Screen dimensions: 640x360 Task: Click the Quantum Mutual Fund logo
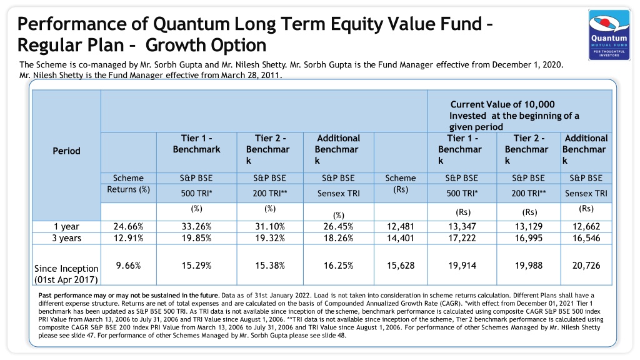[x=609, y=35]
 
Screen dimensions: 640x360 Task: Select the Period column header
[x=66, y=151]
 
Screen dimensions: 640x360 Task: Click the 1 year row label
[x=66, y=226]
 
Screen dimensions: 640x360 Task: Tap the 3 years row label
[x=66, y=238]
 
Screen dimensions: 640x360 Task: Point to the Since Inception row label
[x=66, y=274]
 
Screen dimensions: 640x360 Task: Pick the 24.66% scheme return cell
[x=129, y=226]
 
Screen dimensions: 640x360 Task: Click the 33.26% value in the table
[x=196, y=226]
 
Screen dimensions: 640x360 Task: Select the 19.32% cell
[x=270, y=238]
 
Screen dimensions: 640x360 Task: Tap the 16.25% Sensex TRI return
[x=338, y=265]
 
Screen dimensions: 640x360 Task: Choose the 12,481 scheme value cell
[x=401, y=226]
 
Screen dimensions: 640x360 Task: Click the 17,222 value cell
[x=462, y=238]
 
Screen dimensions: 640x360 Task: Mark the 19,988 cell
[x=529, y=265]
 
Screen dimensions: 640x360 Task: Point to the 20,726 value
[x=586, y=265]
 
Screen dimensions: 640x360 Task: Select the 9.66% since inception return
[x=128, y=265]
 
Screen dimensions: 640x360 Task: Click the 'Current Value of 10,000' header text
[x=502, y=104]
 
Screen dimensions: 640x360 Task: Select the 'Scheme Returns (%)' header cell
[x=128, y=184]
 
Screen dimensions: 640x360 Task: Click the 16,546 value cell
[x=586, y=238]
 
